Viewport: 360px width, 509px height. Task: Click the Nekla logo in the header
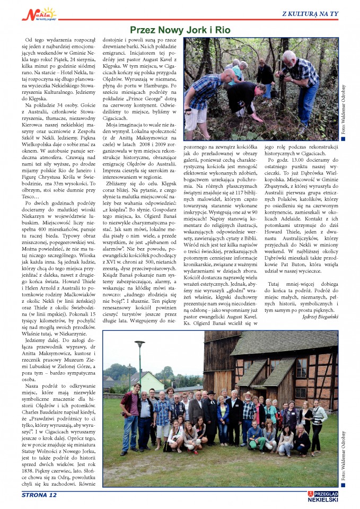(x=39, y=14)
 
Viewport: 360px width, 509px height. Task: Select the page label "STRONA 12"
(x=39, y=495)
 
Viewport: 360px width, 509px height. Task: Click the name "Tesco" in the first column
(x=34, y=212)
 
